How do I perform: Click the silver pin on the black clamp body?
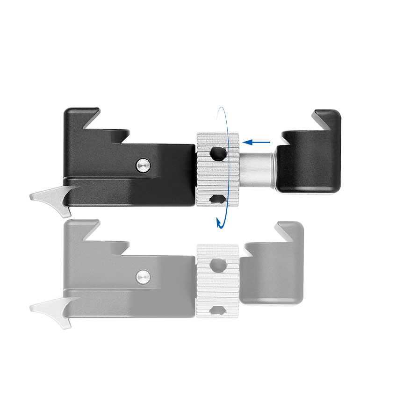pos(144,164)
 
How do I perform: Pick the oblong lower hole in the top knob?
pos(216,199)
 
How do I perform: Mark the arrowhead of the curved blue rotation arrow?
pos(218,223)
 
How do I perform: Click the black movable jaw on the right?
pos(309,164)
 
